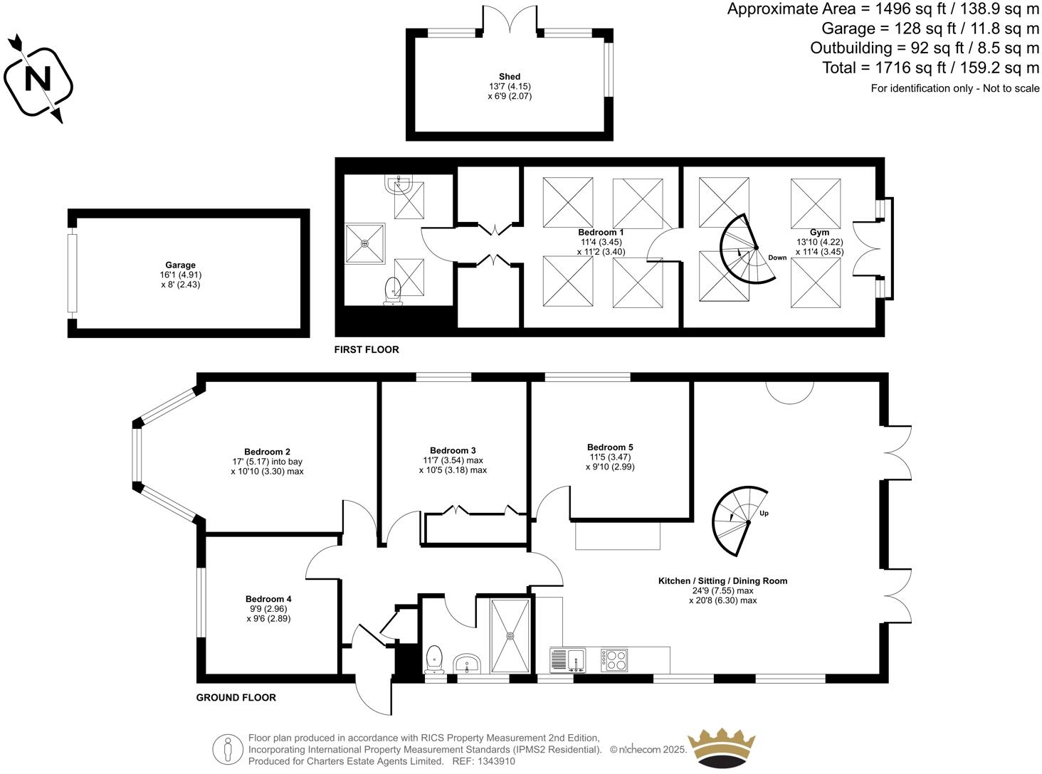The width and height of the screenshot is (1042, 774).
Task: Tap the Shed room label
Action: tap(509, 77)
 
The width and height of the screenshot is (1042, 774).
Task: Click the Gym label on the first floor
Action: tap(819, 233)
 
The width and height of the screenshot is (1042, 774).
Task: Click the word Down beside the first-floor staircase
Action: tap(777, 258)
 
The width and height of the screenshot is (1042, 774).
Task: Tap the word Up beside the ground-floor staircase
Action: tap(764, 513)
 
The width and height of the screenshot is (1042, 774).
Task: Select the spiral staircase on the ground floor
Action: tap(733, 522)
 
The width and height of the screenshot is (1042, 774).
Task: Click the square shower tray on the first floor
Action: tap(365, 244)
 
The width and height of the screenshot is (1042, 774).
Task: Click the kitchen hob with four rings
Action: tap(614, 660)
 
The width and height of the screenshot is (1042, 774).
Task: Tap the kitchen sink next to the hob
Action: tap(568, 660)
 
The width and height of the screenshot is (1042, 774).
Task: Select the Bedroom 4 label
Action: tap(268, 599)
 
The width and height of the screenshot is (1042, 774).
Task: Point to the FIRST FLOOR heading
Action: tap(367, 349)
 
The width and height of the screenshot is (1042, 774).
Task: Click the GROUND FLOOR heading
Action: tap(236, 697)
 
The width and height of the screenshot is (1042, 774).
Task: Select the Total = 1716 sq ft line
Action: tap(931, 68)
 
